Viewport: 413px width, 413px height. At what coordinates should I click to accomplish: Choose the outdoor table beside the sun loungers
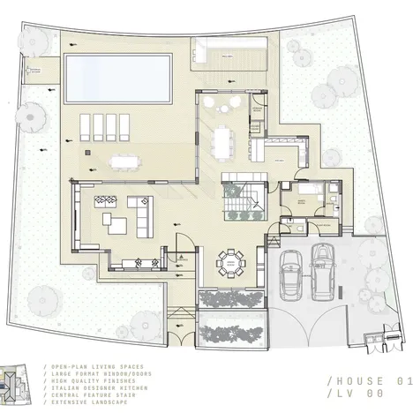[122, 161]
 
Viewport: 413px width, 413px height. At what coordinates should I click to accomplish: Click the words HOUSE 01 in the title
[370, 381]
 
